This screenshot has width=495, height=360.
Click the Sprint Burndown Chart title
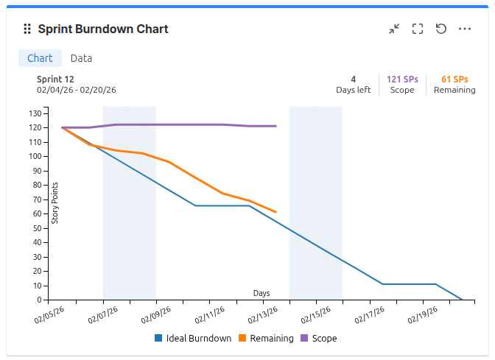click(103, 29)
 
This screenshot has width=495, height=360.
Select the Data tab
click(81, 58)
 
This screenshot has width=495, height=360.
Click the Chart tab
click(40, 58)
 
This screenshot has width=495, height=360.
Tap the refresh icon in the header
click(441, 29)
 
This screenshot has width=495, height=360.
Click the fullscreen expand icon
click(418, 29)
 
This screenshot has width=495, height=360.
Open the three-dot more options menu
click(465, 29)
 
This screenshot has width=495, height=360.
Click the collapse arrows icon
click(394, 29)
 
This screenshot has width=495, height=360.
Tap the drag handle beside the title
click(27, 29)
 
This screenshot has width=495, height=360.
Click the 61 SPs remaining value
click(454, 79)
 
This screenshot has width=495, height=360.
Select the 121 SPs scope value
click(402, 79)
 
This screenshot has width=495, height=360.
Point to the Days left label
click(354, 90)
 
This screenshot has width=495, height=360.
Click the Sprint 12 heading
click(55, 79)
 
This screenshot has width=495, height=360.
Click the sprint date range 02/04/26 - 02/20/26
click(77, 90)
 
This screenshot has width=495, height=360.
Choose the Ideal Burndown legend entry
click(192, 339)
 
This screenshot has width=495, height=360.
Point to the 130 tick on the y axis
click(35, 113)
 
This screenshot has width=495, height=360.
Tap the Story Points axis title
click(55, 202)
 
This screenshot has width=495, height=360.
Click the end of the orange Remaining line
click(275, 212)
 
